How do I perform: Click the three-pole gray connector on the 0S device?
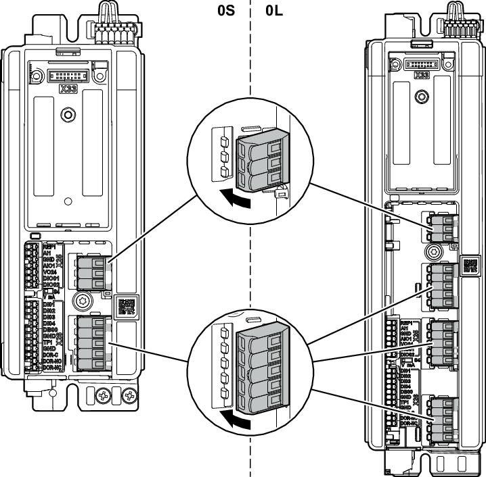[x=92, y=272]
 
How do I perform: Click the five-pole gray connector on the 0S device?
[x=91, y=343]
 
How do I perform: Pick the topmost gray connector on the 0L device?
[x=442, y=229]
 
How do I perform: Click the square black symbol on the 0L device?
[x=468, y=265]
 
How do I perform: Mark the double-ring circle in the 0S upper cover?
[x=67, y=116]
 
